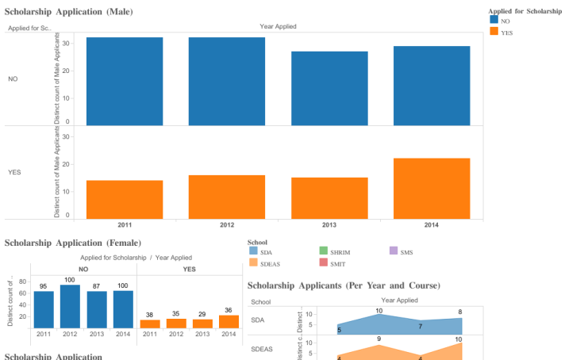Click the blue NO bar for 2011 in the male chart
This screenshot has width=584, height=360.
coord(125,81)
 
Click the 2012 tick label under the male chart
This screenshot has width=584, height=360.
coord(226,225)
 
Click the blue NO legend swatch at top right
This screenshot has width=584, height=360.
coord(494,21)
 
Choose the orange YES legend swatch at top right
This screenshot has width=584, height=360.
coord(494,32)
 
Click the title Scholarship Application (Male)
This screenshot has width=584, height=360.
coord(69,12)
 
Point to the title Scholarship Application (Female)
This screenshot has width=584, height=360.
coord(73,243)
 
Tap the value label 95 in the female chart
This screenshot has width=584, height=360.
coord(44,286)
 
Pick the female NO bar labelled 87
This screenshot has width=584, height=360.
coord(97,309)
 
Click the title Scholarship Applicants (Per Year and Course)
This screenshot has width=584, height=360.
coord(344,285)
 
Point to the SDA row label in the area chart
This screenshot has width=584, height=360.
coord(258,320)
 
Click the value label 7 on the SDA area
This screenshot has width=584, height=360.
coord(420,327)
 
